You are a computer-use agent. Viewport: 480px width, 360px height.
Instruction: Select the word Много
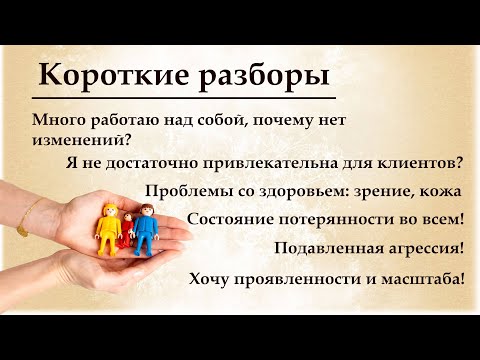(57, 120)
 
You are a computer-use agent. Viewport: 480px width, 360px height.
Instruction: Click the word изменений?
(77, 141)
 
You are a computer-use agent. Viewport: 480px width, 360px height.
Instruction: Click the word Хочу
(211, 279)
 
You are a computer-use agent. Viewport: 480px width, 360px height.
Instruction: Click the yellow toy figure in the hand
(108, 231)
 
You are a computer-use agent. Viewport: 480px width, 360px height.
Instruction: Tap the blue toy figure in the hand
(147, 232)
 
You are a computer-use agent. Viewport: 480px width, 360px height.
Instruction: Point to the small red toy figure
(127, 233)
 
